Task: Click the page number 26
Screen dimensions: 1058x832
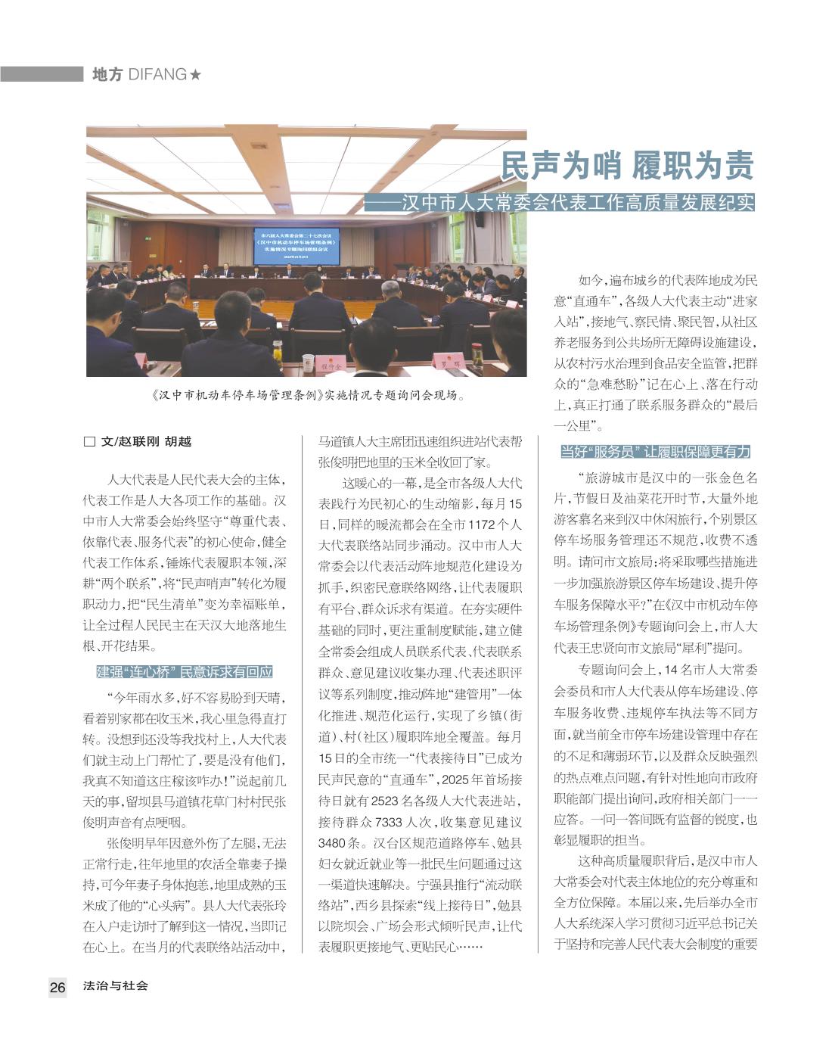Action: [x=57, y=987]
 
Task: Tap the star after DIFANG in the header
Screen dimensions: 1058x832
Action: [x=195, y=75]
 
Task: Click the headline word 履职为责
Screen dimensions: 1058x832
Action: [x=694, y=166]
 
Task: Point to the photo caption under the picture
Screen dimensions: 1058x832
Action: [x=306, y=395]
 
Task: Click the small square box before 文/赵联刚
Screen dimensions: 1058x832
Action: [x=89, y=442]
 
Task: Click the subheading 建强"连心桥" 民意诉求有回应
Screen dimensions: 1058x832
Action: [x=184, y=672]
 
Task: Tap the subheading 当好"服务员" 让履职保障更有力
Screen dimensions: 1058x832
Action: [x=655, y=452]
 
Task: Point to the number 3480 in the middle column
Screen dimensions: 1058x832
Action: [x=333, y=842]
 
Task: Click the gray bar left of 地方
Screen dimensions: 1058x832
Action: [x=42, y=74]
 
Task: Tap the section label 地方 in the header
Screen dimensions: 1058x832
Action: [x=107, y=75]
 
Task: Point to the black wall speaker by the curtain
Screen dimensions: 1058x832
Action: [x=480, y=219]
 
